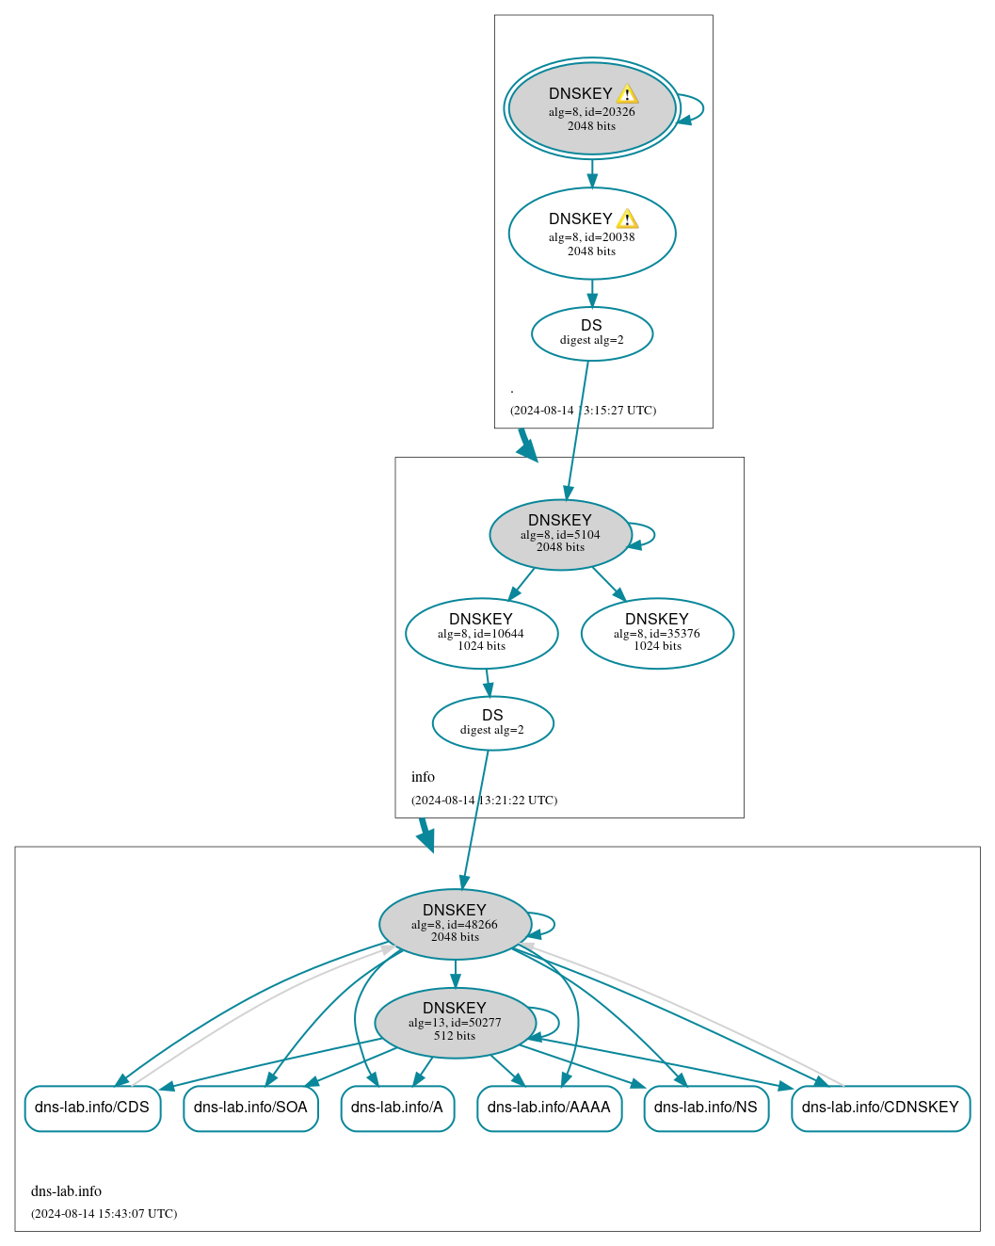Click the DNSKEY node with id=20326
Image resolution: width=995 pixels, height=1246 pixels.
[591, 109]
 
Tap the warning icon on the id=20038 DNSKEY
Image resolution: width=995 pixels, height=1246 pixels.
[628, 219]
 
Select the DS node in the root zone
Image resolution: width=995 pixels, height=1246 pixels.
[591, 333]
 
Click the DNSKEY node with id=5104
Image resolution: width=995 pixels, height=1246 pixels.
[560, 534]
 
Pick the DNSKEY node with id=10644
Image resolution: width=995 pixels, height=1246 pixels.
[481, 633]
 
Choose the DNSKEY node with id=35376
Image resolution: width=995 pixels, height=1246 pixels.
[657, 633]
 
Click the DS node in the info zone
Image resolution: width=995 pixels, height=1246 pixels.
[492, 723]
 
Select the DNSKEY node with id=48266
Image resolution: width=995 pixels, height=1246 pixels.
[455, 924]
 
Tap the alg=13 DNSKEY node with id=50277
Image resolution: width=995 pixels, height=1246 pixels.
[455, 1023]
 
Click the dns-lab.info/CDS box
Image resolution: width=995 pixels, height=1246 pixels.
[92, 1108]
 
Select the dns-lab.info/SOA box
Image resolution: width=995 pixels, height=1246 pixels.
[250, 1108]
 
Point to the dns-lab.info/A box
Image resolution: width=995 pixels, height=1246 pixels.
[397, 1108]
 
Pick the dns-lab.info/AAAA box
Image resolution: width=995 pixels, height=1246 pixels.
[549, 1108]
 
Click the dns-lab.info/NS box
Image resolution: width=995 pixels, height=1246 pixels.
[706, 1108]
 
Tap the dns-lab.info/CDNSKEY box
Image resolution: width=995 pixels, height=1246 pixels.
[880, 1108]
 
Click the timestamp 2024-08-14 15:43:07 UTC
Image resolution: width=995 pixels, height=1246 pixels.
[104, 1213]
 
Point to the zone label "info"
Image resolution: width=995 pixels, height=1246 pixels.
[423, 777]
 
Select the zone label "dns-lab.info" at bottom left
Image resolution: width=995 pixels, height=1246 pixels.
[66, 1191]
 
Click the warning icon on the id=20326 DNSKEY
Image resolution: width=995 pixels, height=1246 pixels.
[628, 94]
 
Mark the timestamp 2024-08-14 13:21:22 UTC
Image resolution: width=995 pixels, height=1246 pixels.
[484, 801]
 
